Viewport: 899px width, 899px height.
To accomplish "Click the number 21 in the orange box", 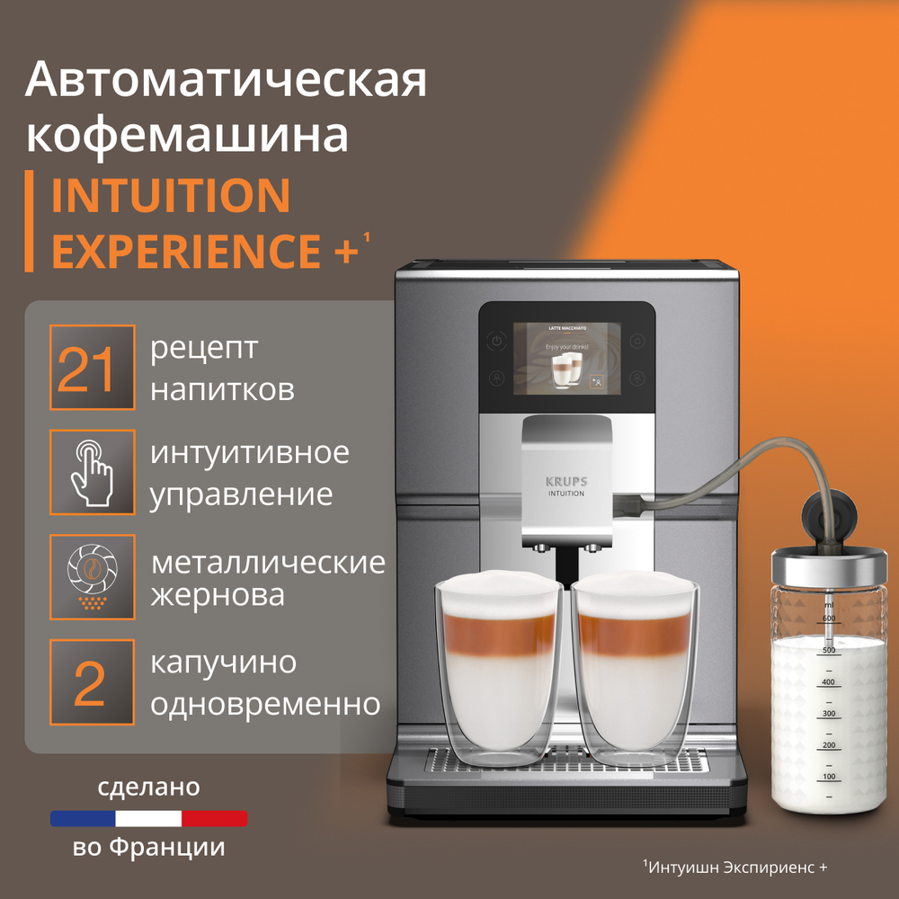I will pos(86,369).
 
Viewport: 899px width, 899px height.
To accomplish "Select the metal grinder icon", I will pos(92,576).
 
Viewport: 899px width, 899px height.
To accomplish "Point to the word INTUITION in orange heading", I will pos(171,195).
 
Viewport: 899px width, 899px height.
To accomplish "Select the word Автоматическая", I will pos(226,80).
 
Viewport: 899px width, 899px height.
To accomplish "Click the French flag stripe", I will pos(148,818).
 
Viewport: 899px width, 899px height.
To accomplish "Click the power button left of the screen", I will pos(496,341).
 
